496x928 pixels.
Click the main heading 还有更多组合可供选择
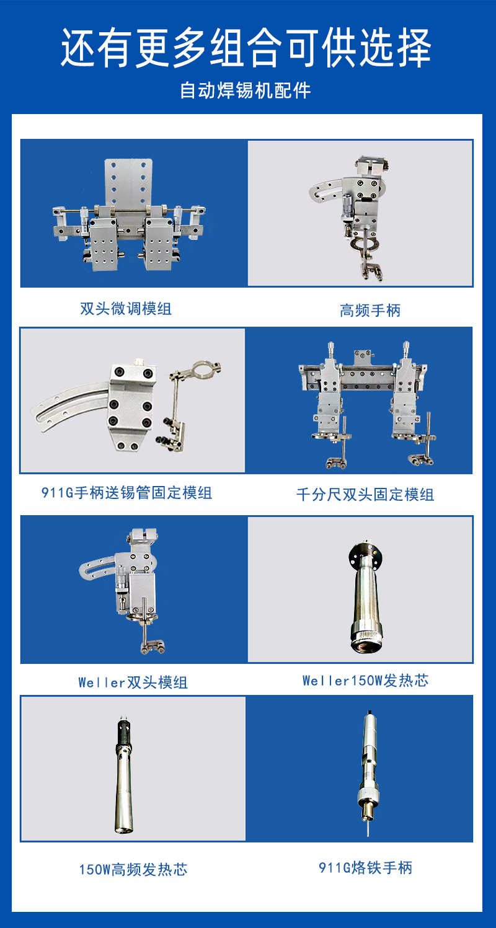click(x=246, y=48)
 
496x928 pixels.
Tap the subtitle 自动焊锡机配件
click(x=246, y=91)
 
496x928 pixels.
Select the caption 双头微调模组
click(x=126, y=309)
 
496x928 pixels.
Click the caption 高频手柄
click(x=370, y=311)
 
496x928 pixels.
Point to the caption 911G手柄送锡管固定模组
click(x=126, y=493)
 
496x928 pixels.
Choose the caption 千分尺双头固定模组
click(x=365, y=494)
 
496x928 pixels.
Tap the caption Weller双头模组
click(x=133, y=683)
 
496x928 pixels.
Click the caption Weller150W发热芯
click(x=365, y=680)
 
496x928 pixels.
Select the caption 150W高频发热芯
click(x=133, y=869)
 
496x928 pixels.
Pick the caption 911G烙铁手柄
click(x=365, y=867)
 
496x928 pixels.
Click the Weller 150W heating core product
click(x=365, y=596)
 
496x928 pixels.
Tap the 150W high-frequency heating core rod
click(x=123, y=774)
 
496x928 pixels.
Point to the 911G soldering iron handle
click(x=368, y=773)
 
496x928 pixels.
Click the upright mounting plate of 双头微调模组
click(x=128, y=182)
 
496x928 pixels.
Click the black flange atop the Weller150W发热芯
click(x=365, y=551)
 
